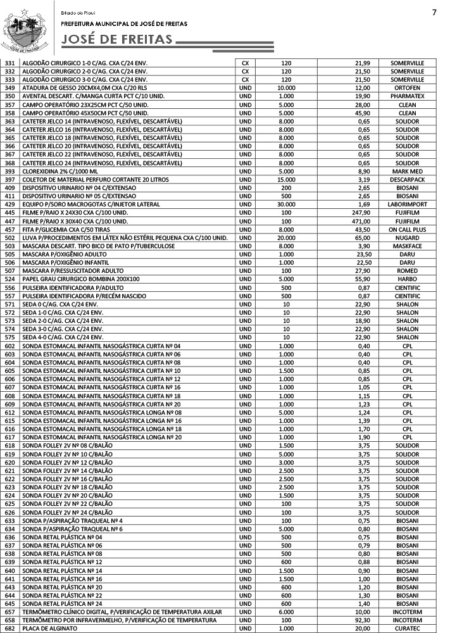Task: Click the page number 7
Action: point(434,13)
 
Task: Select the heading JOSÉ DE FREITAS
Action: point(117,41)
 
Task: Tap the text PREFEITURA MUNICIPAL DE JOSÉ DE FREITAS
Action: point(124,23)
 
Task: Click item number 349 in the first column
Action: point(9,88)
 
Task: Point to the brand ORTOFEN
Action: point(407,88)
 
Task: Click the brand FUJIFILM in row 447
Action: point(407,221)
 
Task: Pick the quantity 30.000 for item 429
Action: point(286,204)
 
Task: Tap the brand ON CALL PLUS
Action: point(407,229)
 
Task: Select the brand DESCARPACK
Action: point(407,180)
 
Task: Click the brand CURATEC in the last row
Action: point(407,629)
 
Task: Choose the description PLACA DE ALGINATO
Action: point(50,629)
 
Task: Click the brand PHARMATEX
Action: point(407,96)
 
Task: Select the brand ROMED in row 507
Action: point(407,271)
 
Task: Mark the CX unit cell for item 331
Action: point(246,63)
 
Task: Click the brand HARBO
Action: point(407,279)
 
